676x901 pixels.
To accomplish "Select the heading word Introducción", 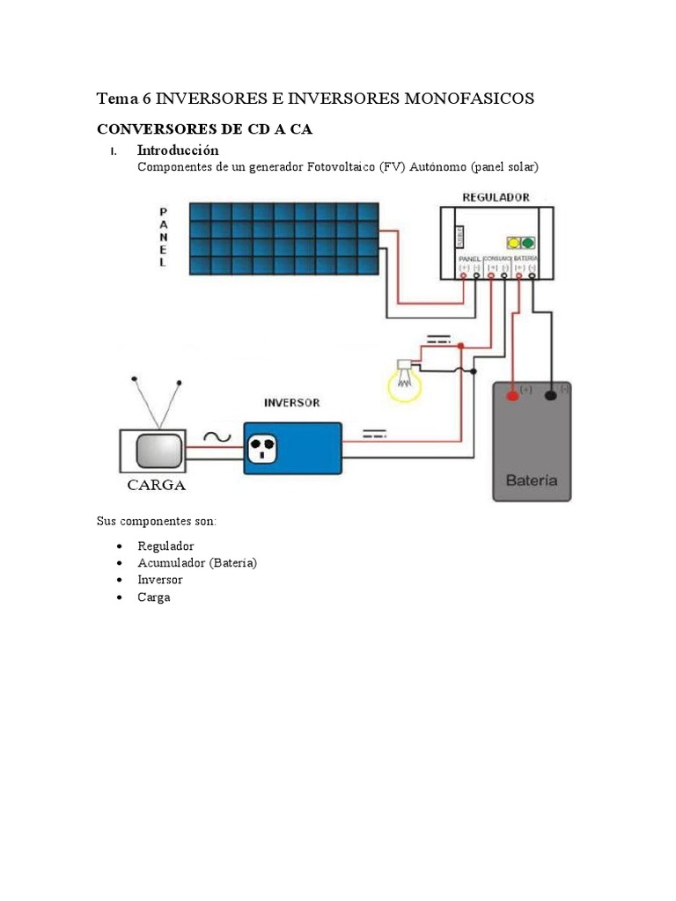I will click(178, 150).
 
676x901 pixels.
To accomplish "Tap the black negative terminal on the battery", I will click(551, 395).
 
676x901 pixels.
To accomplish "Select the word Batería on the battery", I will click(531, 481).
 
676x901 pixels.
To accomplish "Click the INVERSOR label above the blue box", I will click(291, 404).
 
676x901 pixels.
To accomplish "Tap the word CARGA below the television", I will click(157, 486).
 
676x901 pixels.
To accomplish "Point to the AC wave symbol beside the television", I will click(216, 436).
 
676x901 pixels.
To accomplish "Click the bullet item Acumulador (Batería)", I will click(196, 563).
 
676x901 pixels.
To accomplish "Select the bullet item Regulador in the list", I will click(165, 546).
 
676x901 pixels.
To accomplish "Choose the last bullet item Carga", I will click(153, 597).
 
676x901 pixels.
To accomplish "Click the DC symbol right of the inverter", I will click(374, 434).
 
